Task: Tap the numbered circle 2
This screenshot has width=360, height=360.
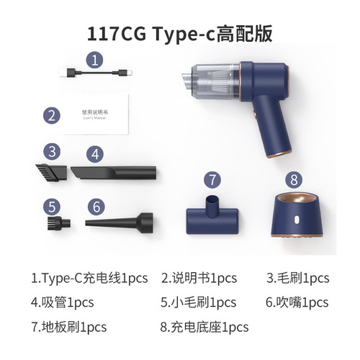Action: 50,114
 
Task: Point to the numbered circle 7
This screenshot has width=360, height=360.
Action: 210,179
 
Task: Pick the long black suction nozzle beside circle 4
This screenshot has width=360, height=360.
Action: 114,172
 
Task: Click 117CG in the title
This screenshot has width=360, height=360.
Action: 116,32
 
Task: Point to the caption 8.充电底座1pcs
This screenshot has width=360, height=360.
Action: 204,326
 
